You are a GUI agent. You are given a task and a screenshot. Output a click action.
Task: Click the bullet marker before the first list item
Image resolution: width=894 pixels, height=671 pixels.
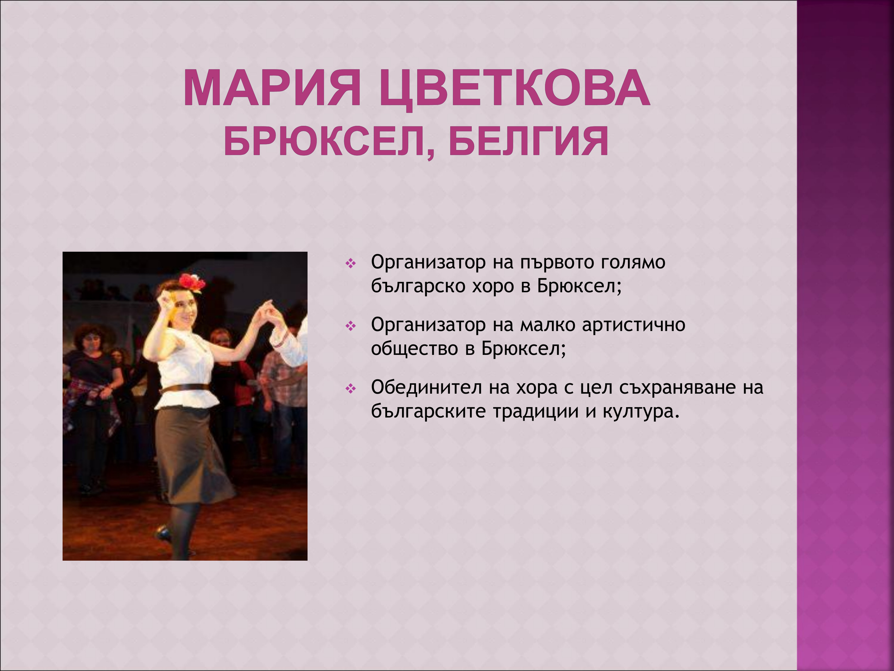[350, 264]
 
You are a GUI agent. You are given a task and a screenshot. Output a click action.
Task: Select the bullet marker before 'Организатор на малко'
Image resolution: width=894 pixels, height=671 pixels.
[350, 326]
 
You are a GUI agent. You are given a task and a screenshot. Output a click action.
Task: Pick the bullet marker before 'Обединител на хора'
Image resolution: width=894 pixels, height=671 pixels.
[350, 389]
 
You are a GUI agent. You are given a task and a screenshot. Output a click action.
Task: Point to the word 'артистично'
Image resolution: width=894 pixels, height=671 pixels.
[633, 325]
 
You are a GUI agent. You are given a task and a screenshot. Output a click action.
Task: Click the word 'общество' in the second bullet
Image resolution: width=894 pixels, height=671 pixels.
[414, 348]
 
